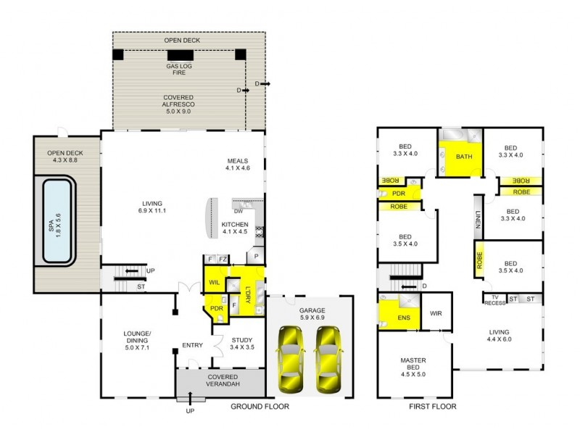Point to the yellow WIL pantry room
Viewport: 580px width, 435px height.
pos(215,282)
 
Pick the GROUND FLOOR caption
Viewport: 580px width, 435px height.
pos(260,407)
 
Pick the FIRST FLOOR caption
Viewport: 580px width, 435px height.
pos(433,407)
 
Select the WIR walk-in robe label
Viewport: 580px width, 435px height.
pos(436,313)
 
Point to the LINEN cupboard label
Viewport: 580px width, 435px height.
pos(478,219)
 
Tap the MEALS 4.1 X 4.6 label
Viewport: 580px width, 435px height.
pos(237,164)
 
